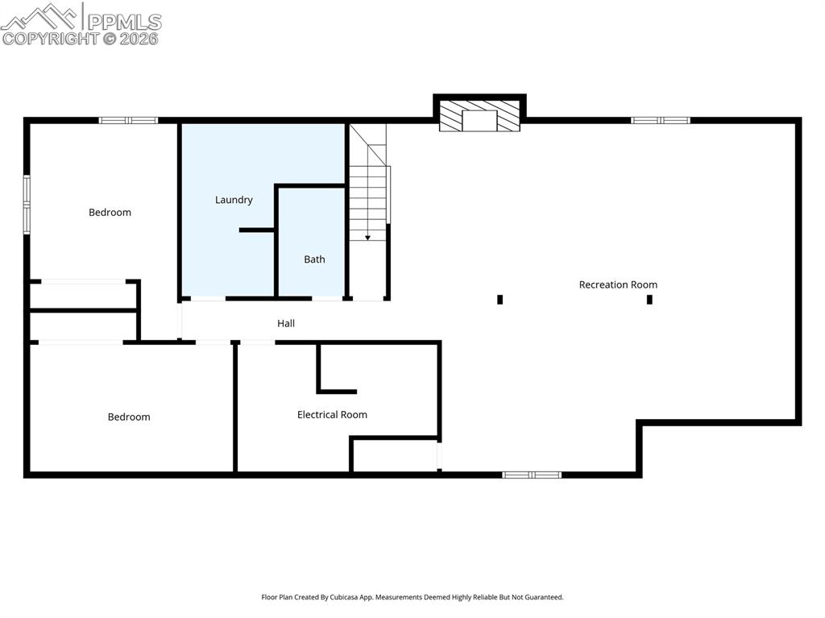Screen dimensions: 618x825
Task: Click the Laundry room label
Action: pos(234,200)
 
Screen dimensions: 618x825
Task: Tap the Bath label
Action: pos(314,259)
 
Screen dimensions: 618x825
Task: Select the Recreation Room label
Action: pos(618,284)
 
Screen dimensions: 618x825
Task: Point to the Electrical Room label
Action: pos(332,415)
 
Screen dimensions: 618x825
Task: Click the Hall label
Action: pos(286,323)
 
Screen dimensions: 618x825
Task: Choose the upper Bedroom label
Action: pos(110,213)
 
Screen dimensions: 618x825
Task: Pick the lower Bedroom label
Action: pos(129,417)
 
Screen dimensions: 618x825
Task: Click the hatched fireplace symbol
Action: pos(479,115)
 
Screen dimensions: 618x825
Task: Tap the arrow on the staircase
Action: pos(367,236)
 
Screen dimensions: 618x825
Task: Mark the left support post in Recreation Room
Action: pos(500,300)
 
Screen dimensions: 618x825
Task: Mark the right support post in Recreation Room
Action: pos(649,300)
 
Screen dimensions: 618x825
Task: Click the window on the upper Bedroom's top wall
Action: pos(128,121)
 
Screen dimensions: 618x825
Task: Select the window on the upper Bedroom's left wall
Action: pos(27,204)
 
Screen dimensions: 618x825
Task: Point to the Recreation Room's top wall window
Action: pos(661,121)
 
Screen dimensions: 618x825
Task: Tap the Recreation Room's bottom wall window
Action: pos(532,475)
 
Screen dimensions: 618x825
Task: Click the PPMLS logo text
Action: pos(124,21)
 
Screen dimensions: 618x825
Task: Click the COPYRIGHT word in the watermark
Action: pos(50,38)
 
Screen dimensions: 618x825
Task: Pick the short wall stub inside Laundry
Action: pos(257,230)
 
